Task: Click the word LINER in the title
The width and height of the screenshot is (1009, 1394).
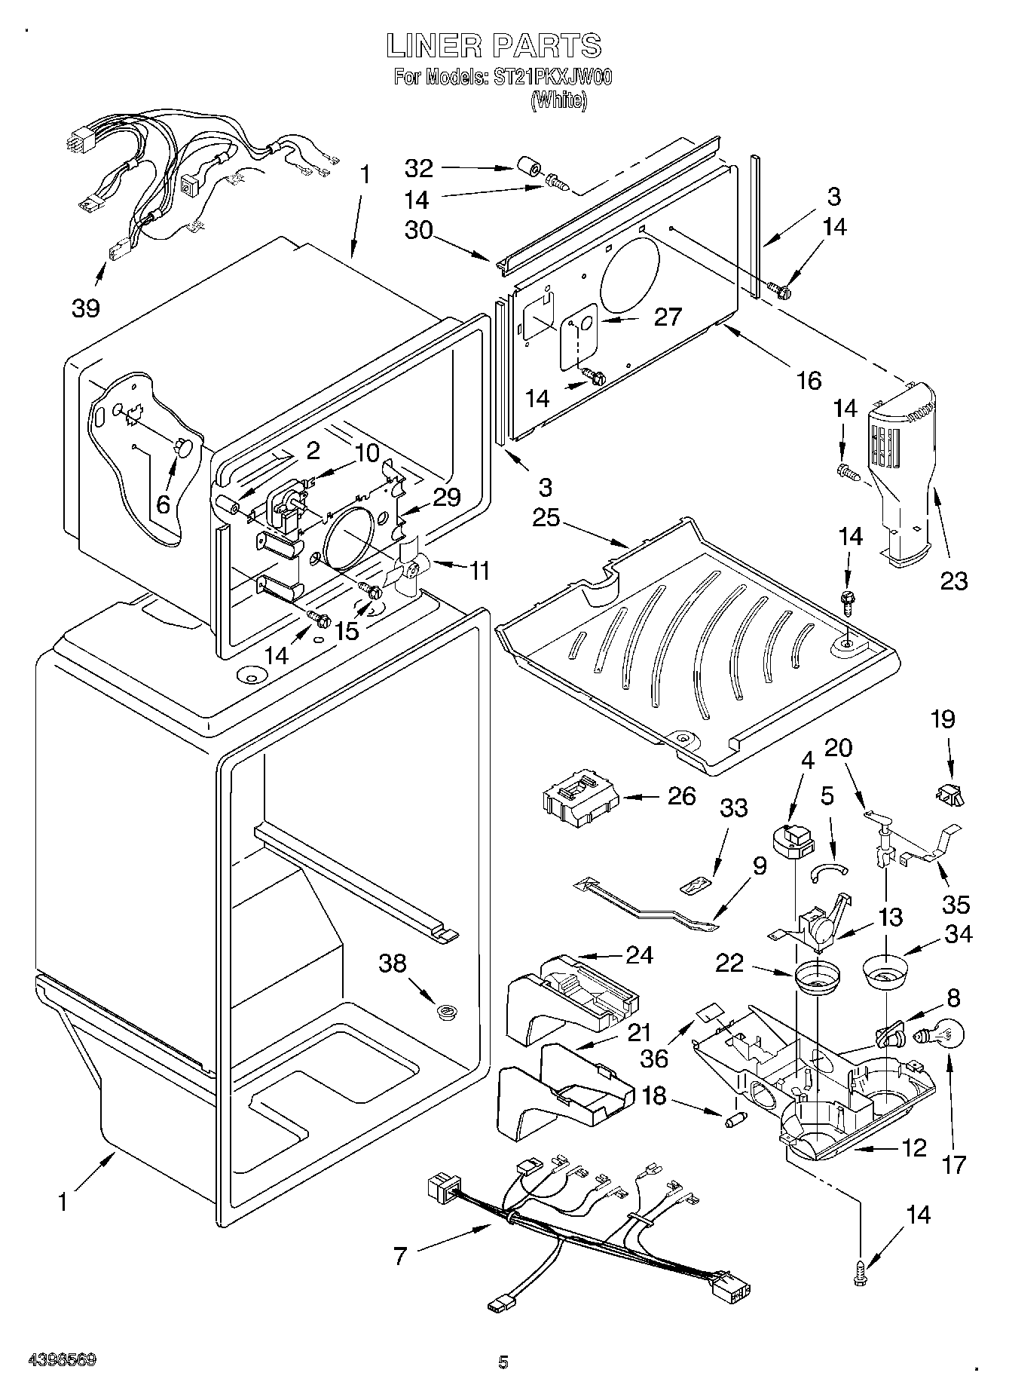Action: [433, 46]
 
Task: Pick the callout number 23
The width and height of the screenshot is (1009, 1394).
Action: [954, 581]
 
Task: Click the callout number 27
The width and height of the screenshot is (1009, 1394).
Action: [667, 317]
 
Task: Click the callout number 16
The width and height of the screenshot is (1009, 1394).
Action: [809, 380]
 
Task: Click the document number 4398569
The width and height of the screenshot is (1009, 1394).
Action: [63, 1361]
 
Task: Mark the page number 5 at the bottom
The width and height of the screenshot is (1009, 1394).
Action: [503, 1362]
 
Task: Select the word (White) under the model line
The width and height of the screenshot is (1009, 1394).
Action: [558, 101]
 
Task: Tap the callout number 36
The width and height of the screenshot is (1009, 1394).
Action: [654, 1058]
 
